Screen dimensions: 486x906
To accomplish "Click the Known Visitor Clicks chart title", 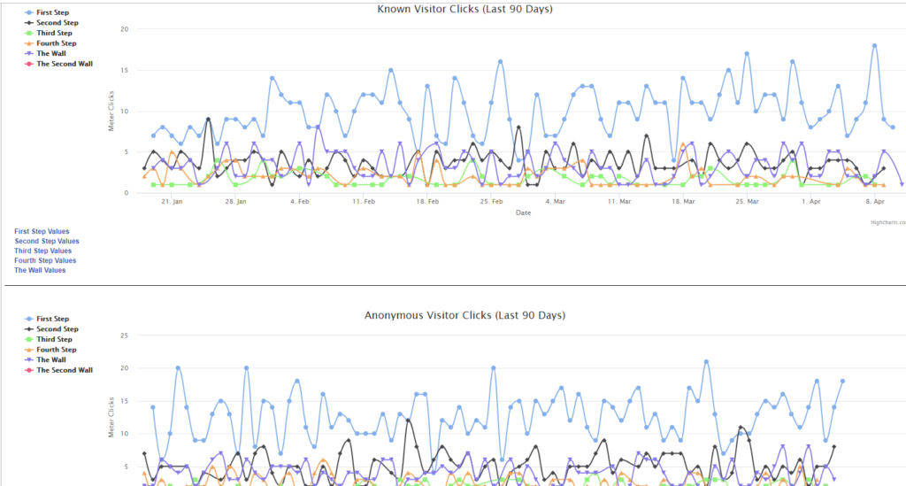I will pos(465,9).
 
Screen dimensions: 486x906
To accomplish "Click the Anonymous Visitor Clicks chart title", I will pos(465,315).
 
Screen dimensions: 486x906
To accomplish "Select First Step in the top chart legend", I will pos(52,12).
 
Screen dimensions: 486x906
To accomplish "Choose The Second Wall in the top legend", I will pos(64,64).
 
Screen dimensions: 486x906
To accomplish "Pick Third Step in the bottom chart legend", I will pos(54,339).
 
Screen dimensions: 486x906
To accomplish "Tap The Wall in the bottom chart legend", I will pos(50,359).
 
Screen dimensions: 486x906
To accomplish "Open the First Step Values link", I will pos(42,232).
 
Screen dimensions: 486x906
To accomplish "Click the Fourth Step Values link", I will pos(45,260).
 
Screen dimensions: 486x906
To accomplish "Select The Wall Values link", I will pos(40,270).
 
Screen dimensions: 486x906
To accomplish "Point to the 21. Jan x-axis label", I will pos(172,202).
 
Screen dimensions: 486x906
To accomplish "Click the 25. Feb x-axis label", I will pos(491,202).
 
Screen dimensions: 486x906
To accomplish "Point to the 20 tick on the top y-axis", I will pos(125,29).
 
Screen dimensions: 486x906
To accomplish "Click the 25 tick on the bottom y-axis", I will pos(125,336).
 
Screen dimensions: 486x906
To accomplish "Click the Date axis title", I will pos(523,212).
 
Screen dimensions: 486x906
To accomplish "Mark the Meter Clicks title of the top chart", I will pos(111,111).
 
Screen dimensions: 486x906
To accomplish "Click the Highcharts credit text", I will pos(887,222).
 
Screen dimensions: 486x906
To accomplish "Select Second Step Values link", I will pos(47,241).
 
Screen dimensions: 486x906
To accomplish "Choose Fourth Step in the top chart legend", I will pos(56,43).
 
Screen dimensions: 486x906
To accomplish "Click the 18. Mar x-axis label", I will pos(682,202).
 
